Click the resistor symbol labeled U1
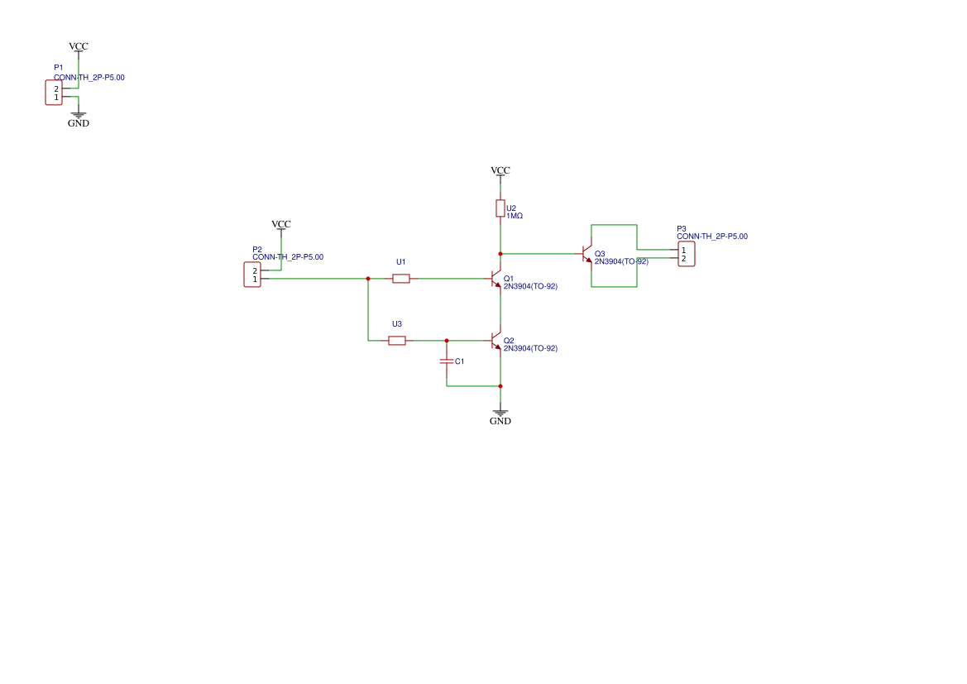pos(401,279)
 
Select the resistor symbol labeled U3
pos(397,341)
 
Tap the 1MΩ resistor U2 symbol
pos(500,208)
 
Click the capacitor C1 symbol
pos(447,361)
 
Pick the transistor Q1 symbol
pos(496,279)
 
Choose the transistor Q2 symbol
pos(496,341)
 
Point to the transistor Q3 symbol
pos(587,254)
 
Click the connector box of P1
pos(54,93)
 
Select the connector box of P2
pos(252,275)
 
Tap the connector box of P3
pos(687,254)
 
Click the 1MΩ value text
pos(515,216)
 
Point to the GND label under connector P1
pos(79,123)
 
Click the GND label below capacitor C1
pos(500,421)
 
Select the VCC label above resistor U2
pos(500,170)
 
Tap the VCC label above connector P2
pos(281,224)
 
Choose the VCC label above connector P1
pos(79,46)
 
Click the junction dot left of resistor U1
pos(368,279)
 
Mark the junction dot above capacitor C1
pos(447,341)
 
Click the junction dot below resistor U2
pos(500,254)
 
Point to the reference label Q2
pos(509,341)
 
